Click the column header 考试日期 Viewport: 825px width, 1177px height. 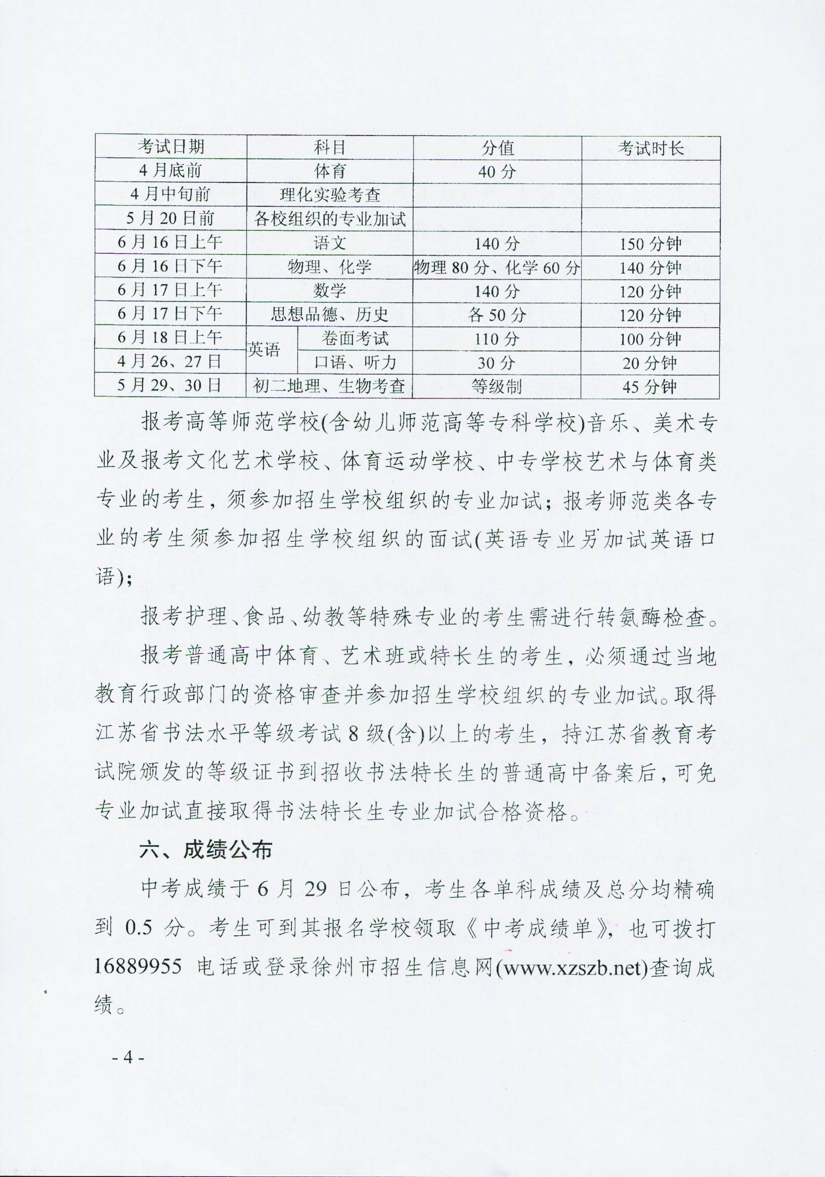tap(170, 147)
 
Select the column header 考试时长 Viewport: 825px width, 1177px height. tap(650, 148)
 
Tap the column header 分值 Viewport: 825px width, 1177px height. tap(497, 148)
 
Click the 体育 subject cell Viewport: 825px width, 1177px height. tap(330, 171)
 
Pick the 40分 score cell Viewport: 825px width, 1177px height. tap(497, 172)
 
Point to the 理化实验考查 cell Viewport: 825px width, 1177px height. tap(330, 195)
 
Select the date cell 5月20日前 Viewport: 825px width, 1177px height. tap(170, 219)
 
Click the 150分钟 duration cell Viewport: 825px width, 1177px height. tap(650, 244)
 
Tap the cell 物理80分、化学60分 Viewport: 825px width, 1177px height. tap(497, 267)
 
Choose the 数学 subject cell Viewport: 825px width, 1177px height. tap(330, 291)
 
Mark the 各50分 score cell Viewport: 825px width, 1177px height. tap(497, 315)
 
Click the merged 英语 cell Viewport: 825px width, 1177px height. tap(265, 350)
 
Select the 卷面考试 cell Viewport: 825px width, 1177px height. tap(355, 338)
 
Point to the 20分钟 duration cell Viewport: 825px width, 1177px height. tap(650, 363)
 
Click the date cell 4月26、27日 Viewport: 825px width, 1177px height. tap(170, 362)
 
